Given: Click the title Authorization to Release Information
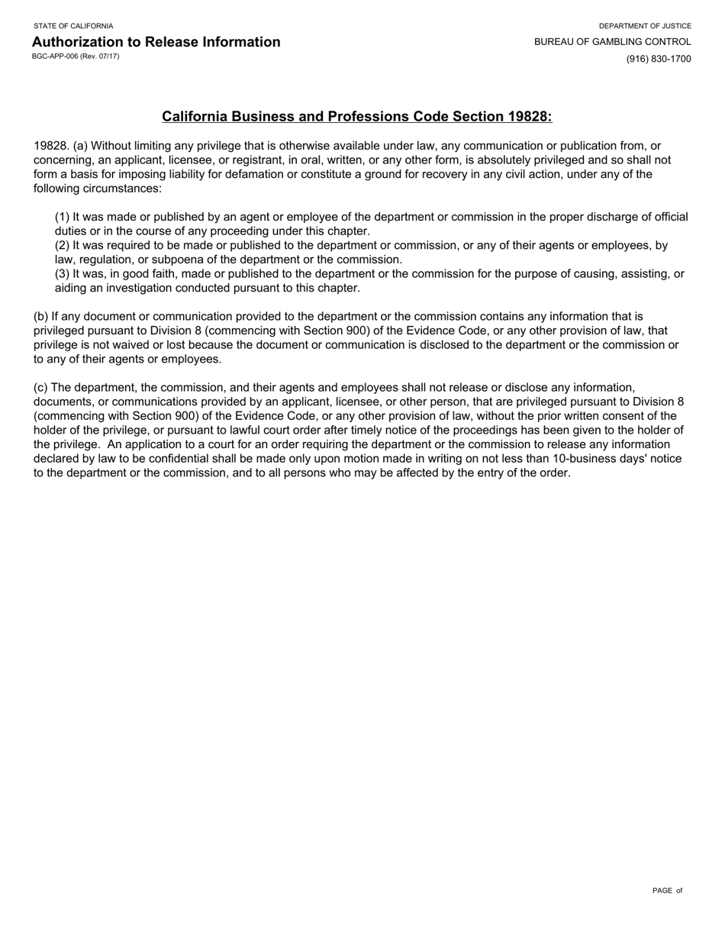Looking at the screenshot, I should [x=156, y=42].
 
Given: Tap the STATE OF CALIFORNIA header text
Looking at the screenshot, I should [x=73, y=26].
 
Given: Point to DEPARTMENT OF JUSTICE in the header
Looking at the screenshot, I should [x=645, y=26].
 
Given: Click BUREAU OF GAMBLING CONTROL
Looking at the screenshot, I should [x=612, y=42].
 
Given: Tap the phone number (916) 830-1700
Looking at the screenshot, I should [x=659, y=59].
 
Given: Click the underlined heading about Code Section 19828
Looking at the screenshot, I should [x=356, y=117].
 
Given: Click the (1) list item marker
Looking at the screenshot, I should [x=63, y=217].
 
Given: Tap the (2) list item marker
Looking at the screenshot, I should [x=63, y=246].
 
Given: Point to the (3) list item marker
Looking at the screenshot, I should [x=63, y=274].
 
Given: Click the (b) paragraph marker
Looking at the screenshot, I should [x=40, y=316].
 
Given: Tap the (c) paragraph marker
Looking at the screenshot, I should [x=40, y=388].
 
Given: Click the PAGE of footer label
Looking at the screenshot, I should [x=667, y=891].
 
